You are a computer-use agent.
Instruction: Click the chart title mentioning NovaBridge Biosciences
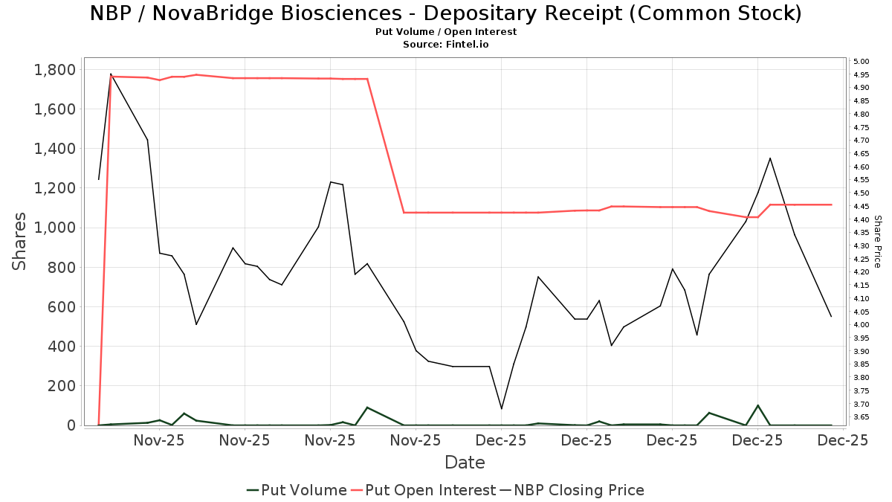pyautogui.click(x=445, y=13)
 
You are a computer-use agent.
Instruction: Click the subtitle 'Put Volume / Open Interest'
pyautogui.click(x=445, y=32)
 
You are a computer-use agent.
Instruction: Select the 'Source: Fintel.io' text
pyautogui.click(x=445, y=45)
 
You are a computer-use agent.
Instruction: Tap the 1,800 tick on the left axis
pyautogui.click(x=55, y=70)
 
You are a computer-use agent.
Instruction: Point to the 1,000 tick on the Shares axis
pyautogui.click(x=55, y=228)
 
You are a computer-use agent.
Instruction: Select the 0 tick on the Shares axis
pyautogui.click(x=71, y=425)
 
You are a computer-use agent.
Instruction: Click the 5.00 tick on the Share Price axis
pyautogui.click(x=862, y=62)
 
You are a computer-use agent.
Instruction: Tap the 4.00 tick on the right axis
pyautogui.click(x=862, y=325)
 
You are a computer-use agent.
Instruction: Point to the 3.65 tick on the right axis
pyautogui.click(x=862, y=417)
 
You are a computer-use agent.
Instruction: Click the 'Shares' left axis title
pyautogui.click(x=20, y=242)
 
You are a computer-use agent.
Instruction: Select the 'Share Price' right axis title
pyautogui.click(x=877, y=242)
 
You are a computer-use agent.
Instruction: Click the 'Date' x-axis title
pyautogui.click(x=465, y=463)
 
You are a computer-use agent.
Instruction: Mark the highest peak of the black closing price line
pyautogui.click(x=111, y=74)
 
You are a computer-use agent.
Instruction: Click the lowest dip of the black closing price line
pyautogui.click(x=502, y=409)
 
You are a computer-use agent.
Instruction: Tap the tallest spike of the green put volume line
pyautogui.click(x=757, y=405)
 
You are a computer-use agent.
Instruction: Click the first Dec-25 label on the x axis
pyautogui.click(x=502, y=440)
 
